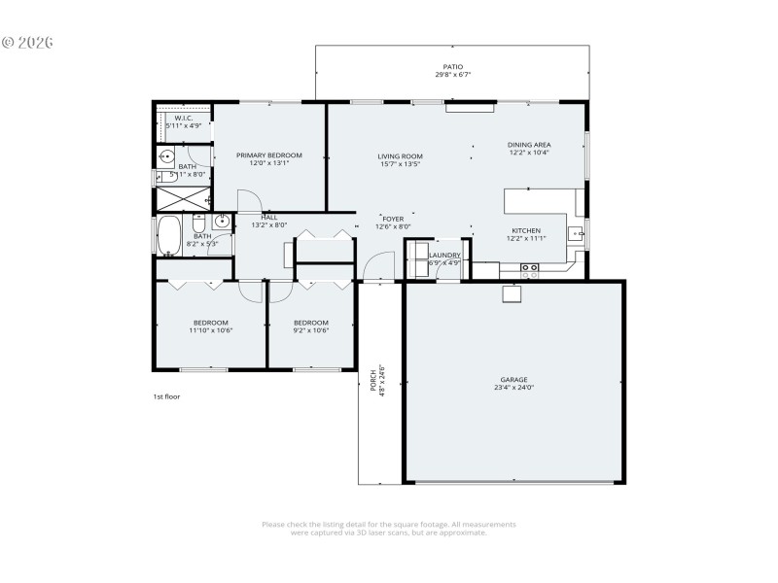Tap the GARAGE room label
(x=513, y=379)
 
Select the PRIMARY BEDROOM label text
(x=269, y=154)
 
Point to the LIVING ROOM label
(x=400, y=155)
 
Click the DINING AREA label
(x=528, y=144)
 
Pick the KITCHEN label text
(x=526, y=230)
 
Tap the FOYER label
(x=393, y=219)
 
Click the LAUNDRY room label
(x=444, y=255)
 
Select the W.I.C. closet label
(x=184, y=118)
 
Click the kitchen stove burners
(x=530, y=271)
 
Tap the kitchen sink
(x=576, y=232)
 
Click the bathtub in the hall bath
(x=169, y=234)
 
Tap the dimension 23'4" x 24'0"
(x=513, y=388)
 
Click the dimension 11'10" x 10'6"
(x=209, y=330)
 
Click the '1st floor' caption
(x=166, y=396)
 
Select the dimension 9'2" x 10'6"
(x=311, y=330)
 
